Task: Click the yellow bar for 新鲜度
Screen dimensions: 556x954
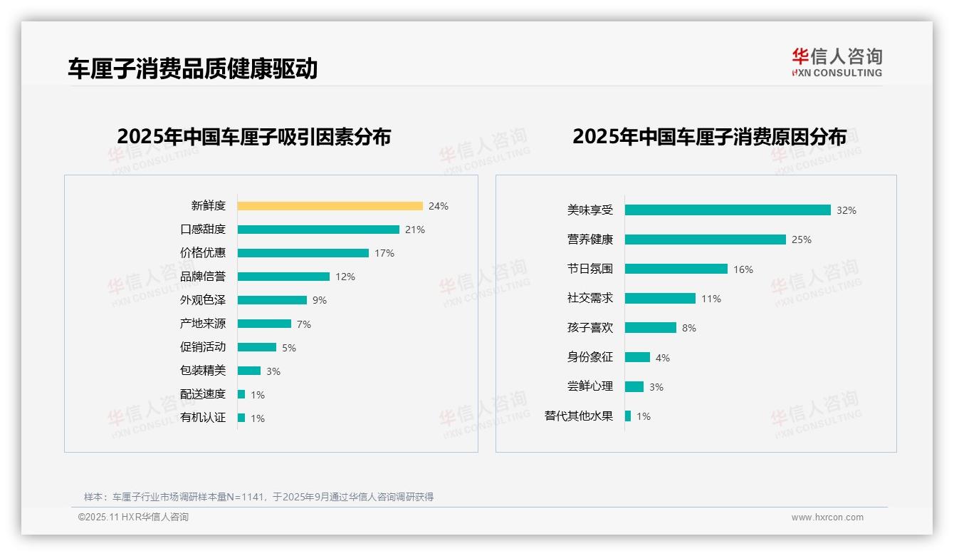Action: (330, 206)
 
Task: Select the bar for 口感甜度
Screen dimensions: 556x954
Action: (318, 230)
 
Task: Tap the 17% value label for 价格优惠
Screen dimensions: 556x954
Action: (384, 253)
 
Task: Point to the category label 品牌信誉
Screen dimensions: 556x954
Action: (203, 277)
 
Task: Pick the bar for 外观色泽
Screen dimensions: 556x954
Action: (272, 300)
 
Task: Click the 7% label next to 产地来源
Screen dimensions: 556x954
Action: (304, 324)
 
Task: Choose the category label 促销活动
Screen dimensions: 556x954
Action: (203, 347)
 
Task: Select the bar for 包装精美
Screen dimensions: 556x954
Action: (249, 371)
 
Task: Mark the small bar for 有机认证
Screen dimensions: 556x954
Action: (241, 418)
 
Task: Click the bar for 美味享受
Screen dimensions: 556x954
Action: (728, 210)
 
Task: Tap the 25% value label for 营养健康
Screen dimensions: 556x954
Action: (802, 240)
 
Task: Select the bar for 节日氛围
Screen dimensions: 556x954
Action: (676, 269)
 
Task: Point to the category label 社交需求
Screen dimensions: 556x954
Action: (590, 298)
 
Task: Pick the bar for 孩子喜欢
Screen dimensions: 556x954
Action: (651, 328)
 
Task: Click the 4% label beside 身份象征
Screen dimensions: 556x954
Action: (663, 358)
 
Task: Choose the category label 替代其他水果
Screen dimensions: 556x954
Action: (579, 416)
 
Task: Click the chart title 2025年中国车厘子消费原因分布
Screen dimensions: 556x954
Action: (709, 136)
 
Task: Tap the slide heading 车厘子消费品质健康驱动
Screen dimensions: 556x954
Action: (193, 68)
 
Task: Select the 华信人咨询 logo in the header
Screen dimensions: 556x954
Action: (837, 63)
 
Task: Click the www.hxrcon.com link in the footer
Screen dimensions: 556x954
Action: (827, 518)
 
